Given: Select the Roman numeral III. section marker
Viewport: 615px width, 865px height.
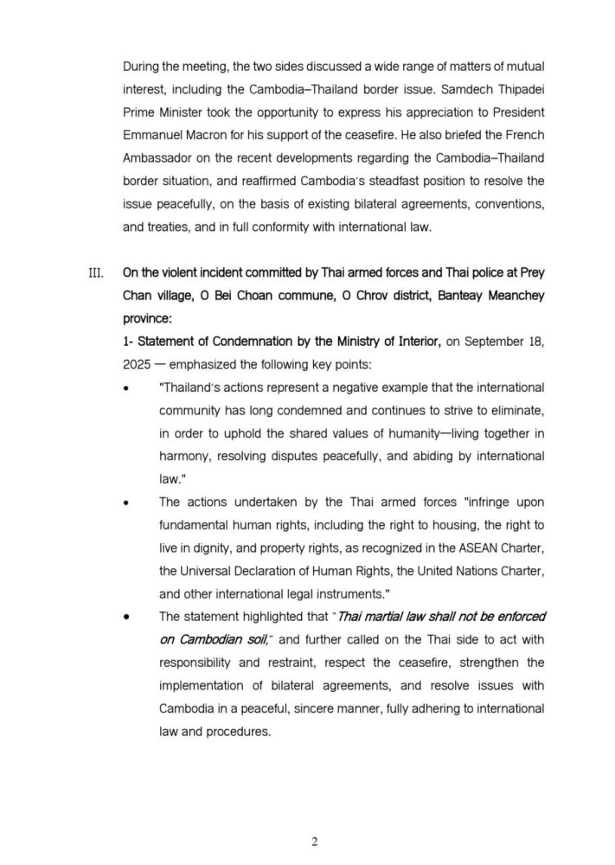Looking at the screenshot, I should (x=96, y=274).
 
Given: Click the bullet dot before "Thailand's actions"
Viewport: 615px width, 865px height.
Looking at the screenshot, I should (x=128, y=388).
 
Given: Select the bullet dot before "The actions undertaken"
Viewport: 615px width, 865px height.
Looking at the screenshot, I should (x=128, y=502).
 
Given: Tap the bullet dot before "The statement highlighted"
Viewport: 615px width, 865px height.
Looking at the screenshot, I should (x=128, y=617).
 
